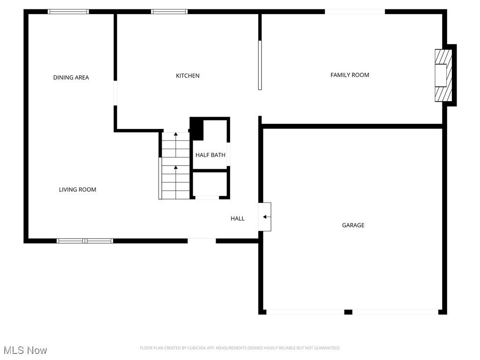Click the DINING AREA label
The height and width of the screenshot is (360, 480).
coord(71,77)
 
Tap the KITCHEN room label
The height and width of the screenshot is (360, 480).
coord(187,75)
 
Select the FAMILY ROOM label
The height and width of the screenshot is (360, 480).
coord(350,75)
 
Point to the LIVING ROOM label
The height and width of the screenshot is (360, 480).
coord(77,189)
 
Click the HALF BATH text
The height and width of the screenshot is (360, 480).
coord(210,155)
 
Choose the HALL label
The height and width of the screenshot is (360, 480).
coord(237,218)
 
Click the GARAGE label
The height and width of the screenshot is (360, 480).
coord(353,225)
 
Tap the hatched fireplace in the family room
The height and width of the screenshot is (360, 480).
coord(443,75)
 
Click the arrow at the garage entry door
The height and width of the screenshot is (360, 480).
coord(266,217)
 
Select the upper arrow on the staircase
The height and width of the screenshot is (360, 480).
coord(176,135)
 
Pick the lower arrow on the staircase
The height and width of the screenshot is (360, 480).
coord(176,167)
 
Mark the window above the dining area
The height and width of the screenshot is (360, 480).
coord(68,12)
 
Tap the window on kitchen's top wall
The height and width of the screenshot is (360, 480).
coord(169,12)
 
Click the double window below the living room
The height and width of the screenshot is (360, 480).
coord(85,241)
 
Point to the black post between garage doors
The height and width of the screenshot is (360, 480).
coord(348,312)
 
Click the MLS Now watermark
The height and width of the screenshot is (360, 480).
coord(25,350)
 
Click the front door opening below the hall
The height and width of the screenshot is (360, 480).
coord(202,241)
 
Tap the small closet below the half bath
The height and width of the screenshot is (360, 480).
coord(210,184)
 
